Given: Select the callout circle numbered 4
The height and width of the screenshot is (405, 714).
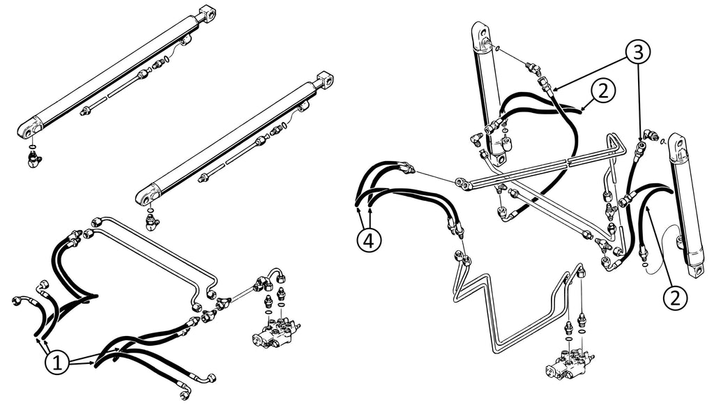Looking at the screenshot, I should [x=370, y=240].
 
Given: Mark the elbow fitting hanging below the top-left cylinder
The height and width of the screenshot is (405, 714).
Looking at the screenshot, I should [x=34, y=160].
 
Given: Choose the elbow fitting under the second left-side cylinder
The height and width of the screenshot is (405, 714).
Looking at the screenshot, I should [x=151, y=223].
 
